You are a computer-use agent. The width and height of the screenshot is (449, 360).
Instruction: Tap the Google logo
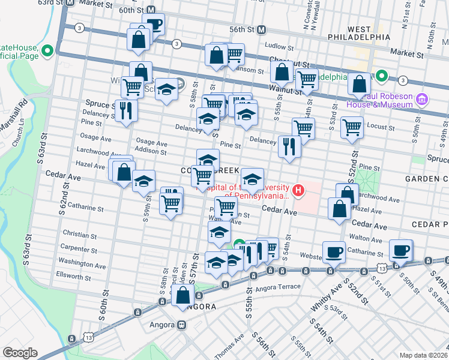(20, 353)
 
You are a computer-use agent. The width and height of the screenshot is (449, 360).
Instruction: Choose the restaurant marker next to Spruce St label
(126, 110)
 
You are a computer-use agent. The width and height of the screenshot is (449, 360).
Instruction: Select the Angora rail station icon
(181, 325)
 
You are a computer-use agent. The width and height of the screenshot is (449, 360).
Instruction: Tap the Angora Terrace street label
(280, 287)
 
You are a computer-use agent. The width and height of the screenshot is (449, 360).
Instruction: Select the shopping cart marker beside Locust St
(352, 127)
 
